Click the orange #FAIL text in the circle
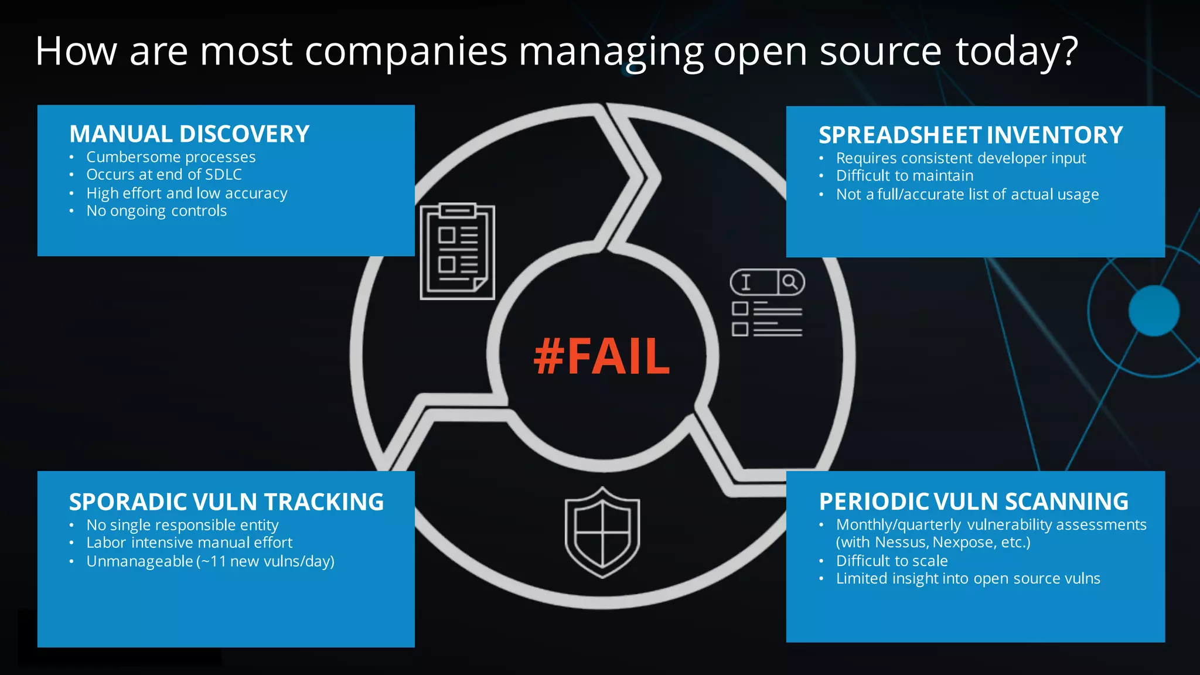coord(602,356)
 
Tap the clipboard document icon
coord(458,251)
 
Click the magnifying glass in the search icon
coord(790,282)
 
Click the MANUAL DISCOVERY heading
coord(189,134)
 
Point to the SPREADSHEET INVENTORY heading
coord(970,135)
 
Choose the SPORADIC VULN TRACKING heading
coord(226,502)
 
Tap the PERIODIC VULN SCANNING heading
coord(973,502)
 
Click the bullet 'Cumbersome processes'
coord(171,157)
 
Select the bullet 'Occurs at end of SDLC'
coord(164,175)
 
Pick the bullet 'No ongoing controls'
coord(156,211)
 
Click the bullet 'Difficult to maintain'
coord(904,176)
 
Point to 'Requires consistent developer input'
coord(960,158)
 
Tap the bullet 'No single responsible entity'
coord(182,525)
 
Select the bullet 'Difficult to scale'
coord(891,561)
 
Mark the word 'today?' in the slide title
coord(1017,52)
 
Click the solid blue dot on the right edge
coord(1154,311)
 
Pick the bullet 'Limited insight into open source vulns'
coord(967,579)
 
